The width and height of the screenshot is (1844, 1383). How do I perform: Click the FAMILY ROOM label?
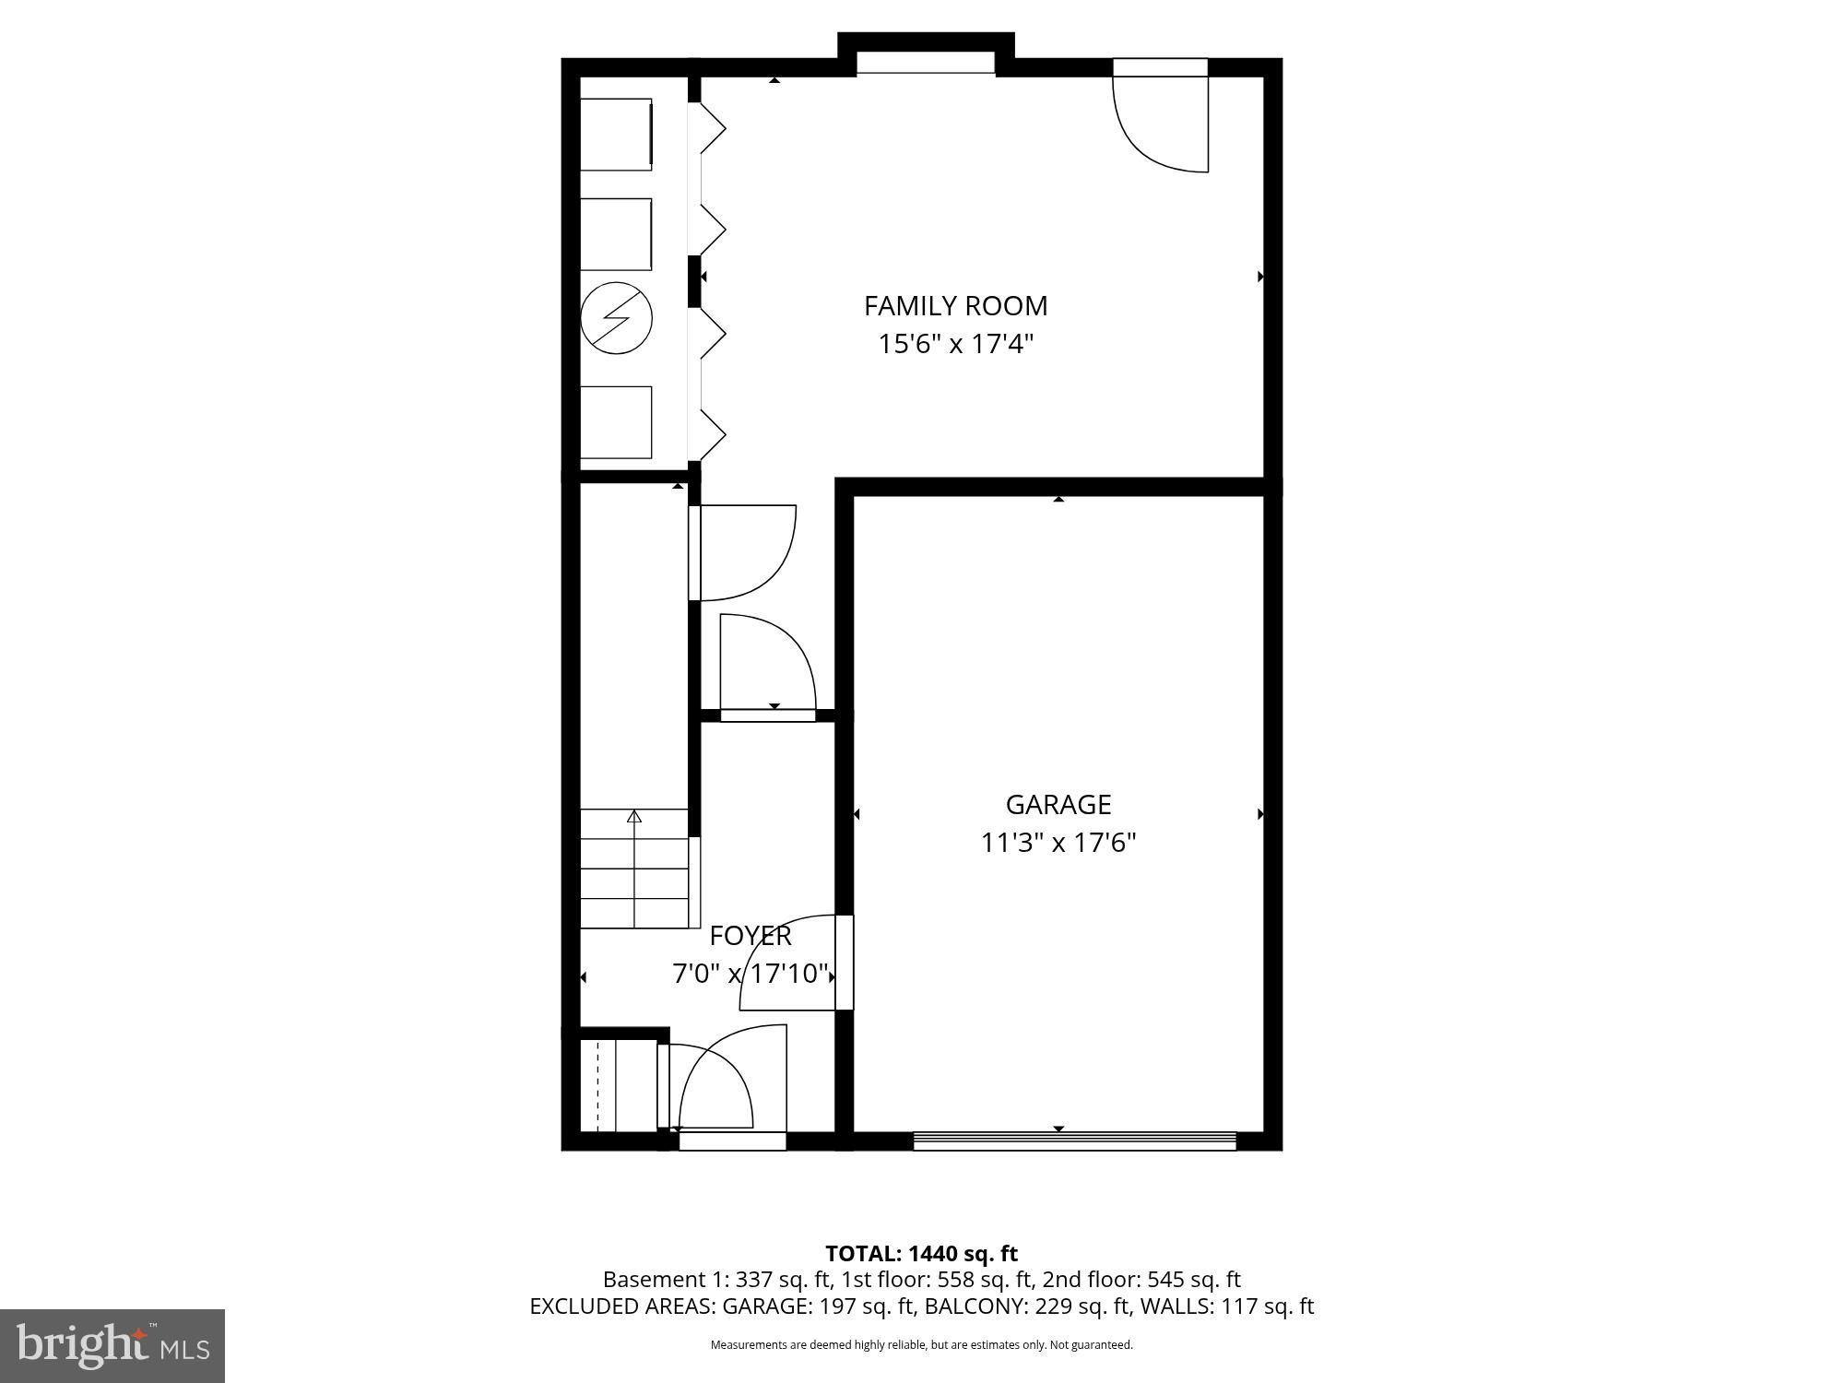955,305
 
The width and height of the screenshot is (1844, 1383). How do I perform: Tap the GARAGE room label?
1058,805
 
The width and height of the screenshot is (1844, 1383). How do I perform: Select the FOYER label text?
751,936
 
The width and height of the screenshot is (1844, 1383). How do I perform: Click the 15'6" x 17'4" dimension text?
955,345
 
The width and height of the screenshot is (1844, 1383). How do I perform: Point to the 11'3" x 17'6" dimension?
1058,844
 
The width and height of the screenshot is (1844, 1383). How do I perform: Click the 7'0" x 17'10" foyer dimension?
751,974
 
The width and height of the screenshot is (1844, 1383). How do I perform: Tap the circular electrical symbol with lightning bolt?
616,318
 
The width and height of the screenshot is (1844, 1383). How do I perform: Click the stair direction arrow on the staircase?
634,817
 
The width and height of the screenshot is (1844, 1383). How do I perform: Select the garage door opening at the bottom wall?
1074,1141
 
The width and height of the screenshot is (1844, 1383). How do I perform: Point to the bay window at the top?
926,62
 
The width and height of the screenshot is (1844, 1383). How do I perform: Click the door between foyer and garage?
844,963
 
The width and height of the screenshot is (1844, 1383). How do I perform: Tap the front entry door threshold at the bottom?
732,1141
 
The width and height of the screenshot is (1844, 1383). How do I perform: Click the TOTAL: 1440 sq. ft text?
921,1254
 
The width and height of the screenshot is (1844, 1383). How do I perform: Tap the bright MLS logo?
112,1345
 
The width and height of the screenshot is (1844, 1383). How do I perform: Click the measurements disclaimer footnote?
921,1345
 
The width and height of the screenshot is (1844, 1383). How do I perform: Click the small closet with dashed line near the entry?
616,1085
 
